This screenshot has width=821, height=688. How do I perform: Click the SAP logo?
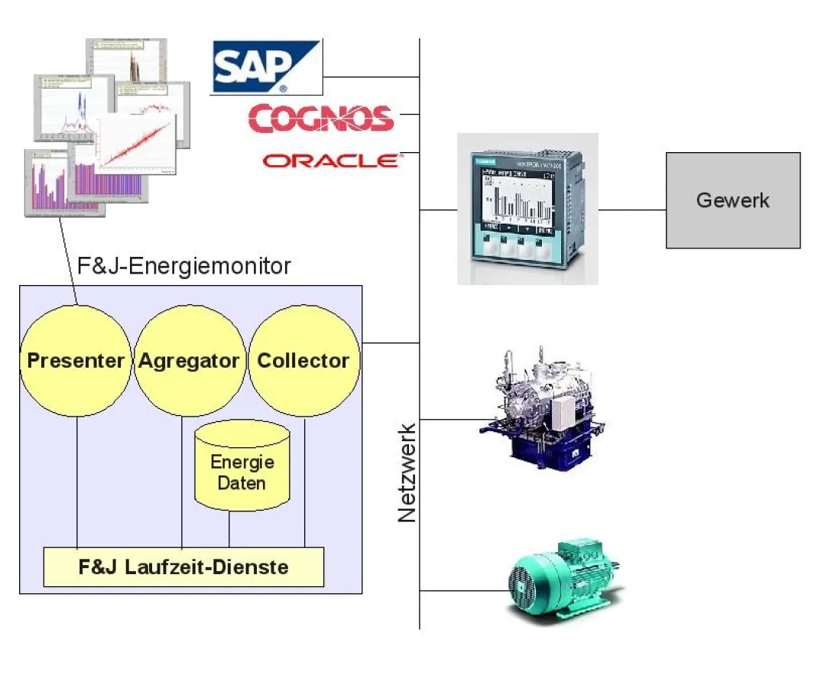pyautogui.click(x=264, y=67)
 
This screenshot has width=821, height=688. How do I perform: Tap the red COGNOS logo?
pyautogui.click(x=320, y=118)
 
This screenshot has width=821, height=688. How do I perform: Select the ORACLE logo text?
pyautogui.click(x=330, y=161)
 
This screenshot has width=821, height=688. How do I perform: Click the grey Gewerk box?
pyautogui.click(x=732, y=200)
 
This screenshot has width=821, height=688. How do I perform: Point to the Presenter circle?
pyautogui.click(x=76, y=360)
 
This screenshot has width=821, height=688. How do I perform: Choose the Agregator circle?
pyautogui.click(x=189, y=360)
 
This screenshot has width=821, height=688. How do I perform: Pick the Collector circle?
pyautogui.click(x=303, y=360)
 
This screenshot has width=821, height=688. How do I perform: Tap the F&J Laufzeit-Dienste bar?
pyautogui.click(x=183, y=567)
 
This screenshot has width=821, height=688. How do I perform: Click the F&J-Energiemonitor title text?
pyautogui.click(x=184, y=266)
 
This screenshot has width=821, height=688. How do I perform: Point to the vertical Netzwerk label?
pyautogui.click(x=407, y=472)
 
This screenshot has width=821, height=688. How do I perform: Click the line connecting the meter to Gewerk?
pyautogui.click(x=631, y=209)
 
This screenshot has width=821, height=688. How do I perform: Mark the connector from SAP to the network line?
pyautogui.click(x=370, y=77)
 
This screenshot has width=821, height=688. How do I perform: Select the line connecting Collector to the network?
pyautogui.click(x=389, y=342)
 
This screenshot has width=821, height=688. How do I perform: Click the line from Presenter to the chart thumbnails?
pyautogui.click(x=68, y=260)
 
